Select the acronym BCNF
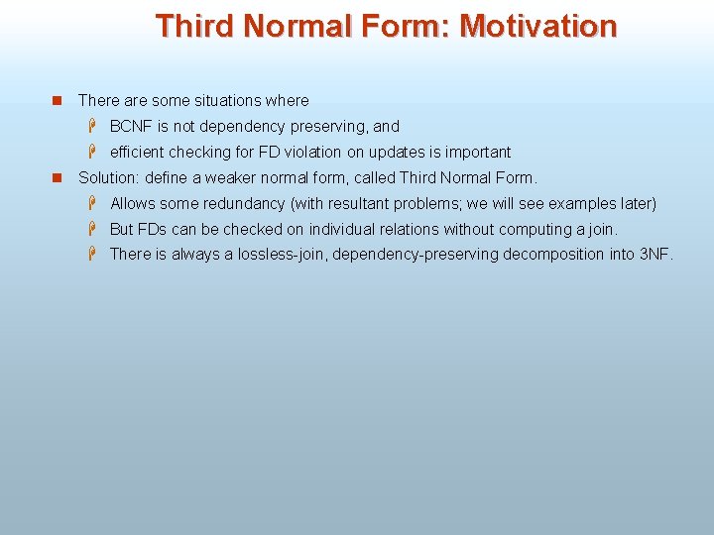click(x=131, y=127)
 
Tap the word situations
click(x=229, y=101)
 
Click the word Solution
click(x=107, y=178)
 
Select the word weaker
click(x=230, y=178)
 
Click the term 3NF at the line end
click(x=655, y=255)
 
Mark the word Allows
click(x=132, y=204)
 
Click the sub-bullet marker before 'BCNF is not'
click(x=90, y=126)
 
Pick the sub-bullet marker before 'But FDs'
click(x=90, y=229)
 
